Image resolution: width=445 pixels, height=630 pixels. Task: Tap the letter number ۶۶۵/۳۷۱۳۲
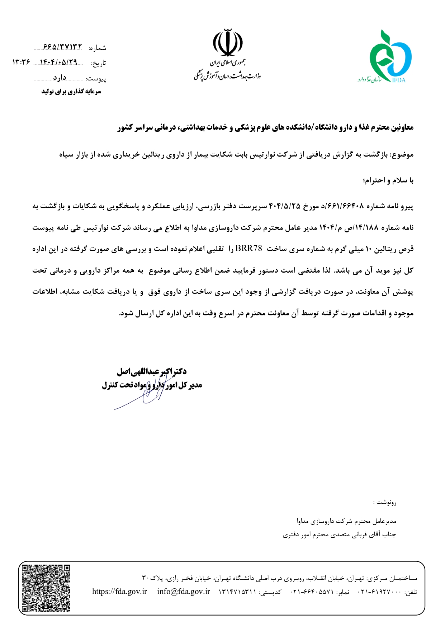pyautogui.click(x=62, y=47)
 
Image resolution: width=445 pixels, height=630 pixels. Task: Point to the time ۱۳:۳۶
pyautogui.click(x=21, y=62)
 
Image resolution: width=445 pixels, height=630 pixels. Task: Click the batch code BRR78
pyautogui.click(x=248, y=249)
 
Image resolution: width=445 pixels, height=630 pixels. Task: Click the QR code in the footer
pyautogui.click(x=46, y=588)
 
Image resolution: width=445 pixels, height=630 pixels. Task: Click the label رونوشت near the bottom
pyautogui.click(x=386, y=502)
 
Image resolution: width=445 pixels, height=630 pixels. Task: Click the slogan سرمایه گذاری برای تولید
pyautogui.click(x=71, y=92)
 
